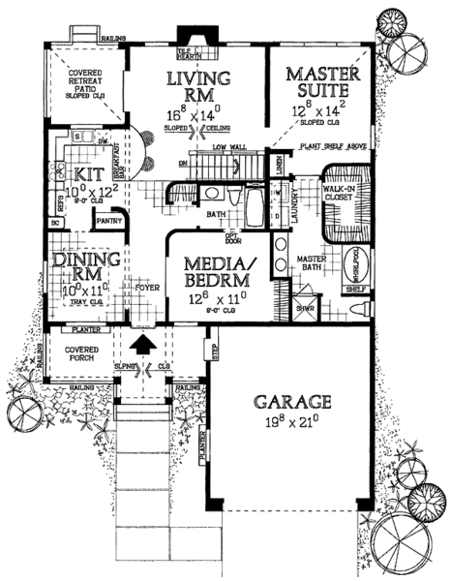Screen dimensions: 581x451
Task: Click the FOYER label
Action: (146, 288)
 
